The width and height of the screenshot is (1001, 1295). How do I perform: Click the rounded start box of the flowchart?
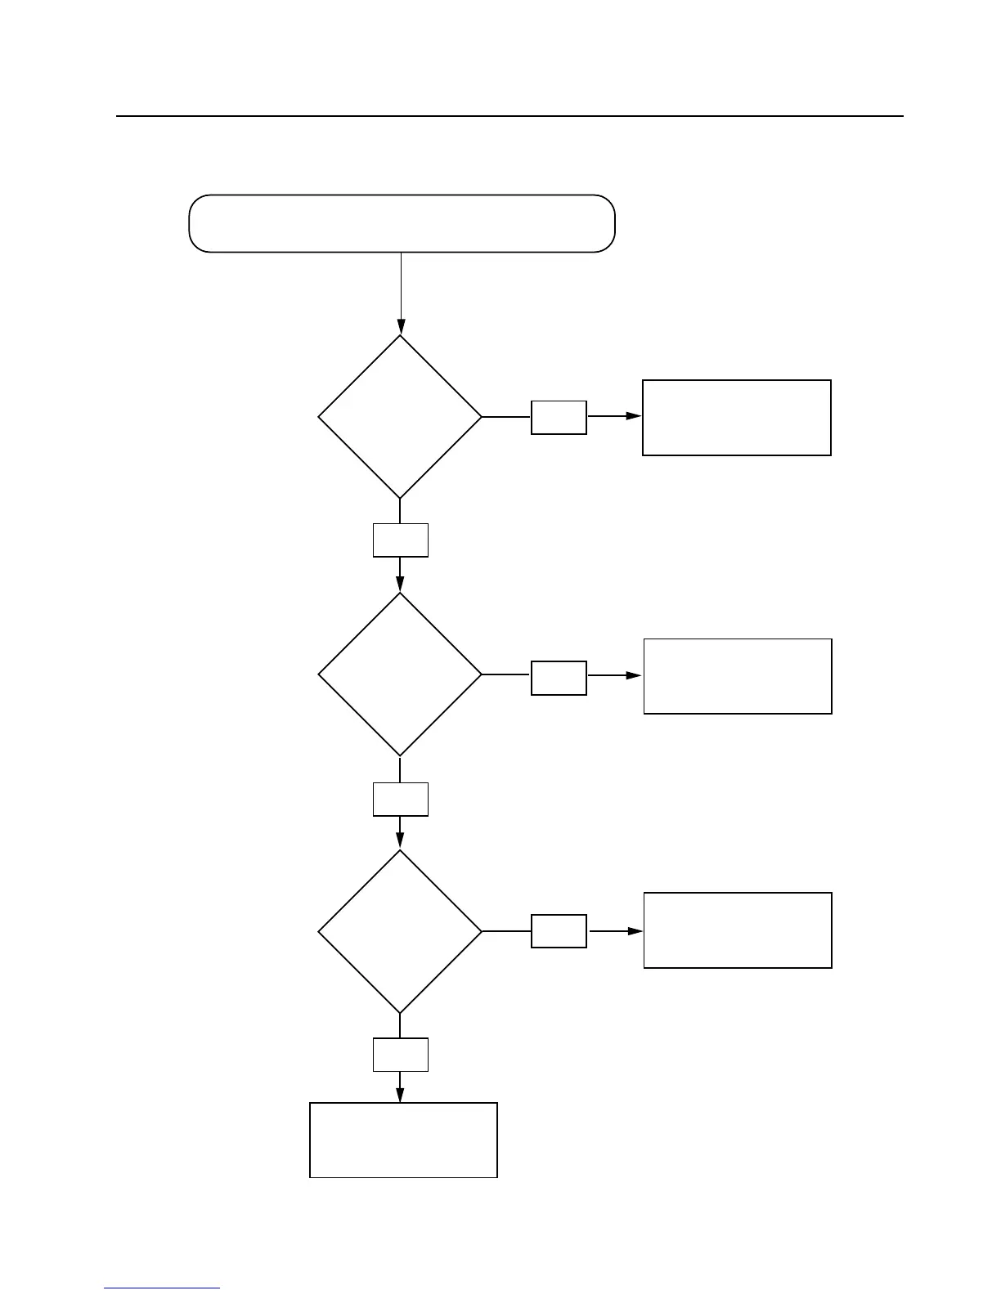pos(402,223)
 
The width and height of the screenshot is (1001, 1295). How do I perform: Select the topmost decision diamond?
pos(400,417)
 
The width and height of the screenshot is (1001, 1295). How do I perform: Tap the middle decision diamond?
pos(400,674)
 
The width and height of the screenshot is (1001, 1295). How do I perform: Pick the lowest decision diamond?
pos(400,932)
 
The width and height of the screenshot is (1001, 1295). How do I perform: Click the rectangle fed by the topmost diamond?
pos(737,417)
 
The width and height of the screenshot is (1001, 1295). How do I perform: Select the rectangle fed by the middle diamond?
pos(738,676)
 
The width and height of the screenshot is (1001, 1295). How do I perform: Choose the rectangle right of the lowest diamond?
pos(738,930)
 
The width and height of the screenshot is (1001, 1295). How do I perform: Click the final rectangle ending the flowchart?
pos(403,1140)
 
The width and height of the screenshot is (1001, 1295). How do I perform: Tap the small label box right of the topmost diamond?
pos(559,417)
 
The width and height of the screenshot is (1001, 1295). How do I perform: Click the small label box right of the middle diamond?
pos(559,678)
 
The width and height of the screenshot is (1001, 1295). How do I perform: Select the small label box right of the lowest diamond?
pos(559,931)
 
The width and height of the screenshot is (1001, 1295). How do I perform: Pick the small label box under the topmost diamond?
pos(401,540)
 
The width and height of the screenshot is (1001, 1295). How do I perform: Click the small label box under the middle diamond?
pos(401,799)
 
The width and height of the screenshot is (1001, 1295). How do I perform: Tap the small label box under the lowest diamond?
pos(401,1055)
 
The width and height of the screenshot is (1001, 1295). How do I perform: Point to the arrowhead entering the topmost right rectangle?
pos(634,416)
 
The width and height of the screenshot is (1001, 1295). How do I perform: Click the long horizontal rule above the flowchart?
pos(509,116)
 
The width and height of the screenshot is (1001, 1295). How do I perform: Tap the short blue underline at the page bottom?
pos(162,1288)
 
